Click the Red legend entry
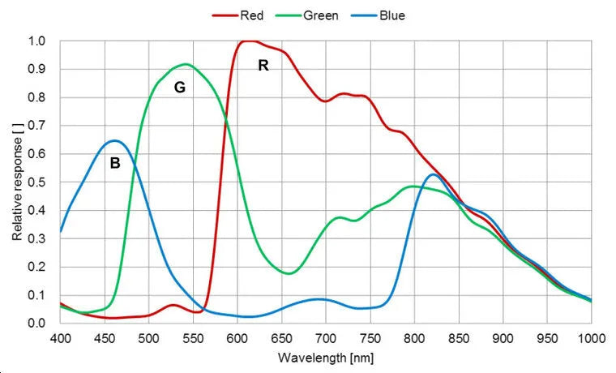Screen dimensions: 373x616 click(250, 15)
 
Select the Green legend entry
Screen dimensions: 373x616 click(320, 15)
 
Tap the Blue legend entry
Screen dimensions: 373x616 click(391, 15)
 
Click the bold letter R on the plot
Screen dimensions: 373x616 click(263, 66)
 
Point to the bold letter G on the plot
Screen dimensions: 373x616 click(180, 88)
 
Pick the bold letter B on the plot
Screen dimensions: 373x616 click(115, 163)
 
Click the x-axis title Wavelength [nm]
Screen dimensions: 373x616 click(326, 357)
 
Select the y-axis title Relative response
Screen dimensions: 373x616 click(17, 182)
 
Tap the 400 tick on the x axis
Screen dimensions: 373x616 click(61, 337)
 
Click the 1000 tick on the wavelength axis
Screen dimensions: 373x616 click(590, 337)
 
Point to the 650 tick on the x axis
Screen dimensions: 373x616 click(281, 337)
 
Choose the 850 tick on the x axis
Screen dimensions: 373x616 click(459, 337)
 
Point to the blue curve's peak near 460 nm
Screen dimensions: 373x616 click(114, 140)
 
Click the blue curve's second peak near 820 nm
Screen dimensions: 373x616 click(433, 174)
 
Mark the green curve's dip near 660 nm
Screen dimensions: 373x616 click(289, 273)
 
